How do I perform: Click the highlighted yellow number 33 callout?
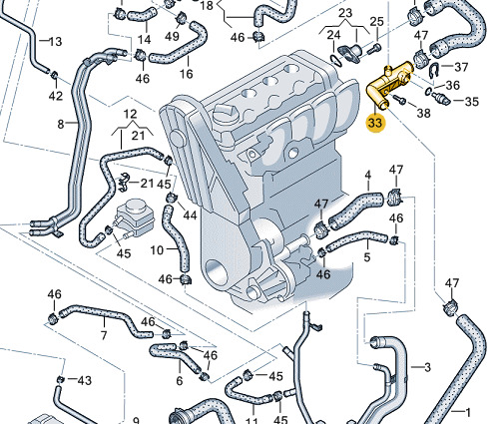[375, 123]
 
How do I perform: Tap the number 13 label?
[55, 42]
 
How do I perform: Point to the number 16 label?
[186, 73]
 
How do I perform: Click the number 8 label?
[60, 124]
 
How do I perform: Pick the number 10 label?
[157, 249]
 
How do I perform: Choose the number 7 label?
[104, 335]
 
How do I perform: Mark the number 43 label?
[84, 380]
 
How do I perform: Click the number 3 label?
[427, 367]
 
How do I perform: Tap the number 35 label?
[471, 102]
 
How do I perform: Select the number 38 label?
[423, 113]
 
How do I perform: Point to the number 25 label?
[377, 22]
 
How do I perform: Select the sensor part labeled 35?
[441, 98]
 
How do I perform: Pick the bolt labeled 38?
[399, 99]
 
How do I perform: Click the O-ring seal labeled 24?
[336, 60]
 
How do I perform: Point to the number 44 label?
[190, 215]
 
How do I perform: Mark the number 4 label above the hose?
[367, 176]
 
